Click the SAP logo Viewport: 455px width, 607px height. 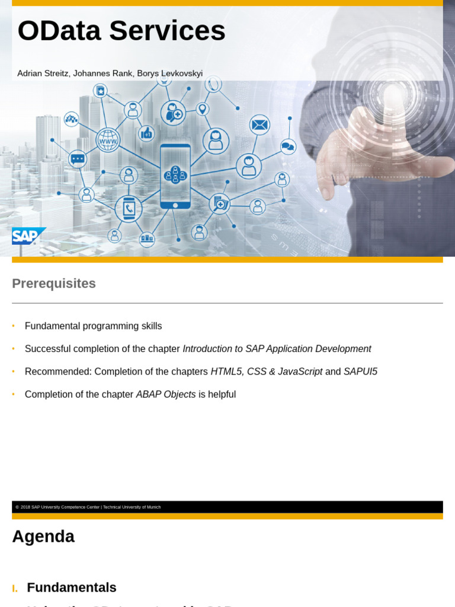pos(27,236)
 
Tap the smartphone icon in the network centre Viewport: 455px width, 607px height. pos(175,175)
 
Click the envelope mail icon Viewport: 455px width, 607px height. pos(259,125)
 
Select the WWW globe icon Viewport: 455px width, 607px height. pos(108,140)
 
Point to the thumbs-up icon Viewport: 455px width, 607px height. pos(146,133)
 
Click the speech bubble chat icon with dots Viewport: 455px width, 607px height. pos(78,159)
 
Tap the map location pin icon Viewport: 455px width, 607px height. pos(203,110)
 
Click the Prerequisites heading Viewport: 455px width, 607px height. pos(54,283)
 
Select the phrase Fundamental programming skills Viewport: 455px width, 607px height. pos(93,326)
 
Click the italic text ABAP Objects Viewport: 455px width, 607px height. pos(166,394)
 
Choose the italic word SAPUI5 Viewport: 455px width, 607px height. pos(360,372)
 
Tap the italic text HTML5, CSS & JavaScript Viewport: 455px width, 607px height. pos(267,372)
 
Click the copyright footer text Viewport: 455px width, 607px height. pos(88,507)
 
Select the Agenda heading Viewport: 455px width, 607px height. pos(43,536)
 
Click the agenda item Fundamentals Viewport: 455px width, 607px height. pos(72,587)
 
